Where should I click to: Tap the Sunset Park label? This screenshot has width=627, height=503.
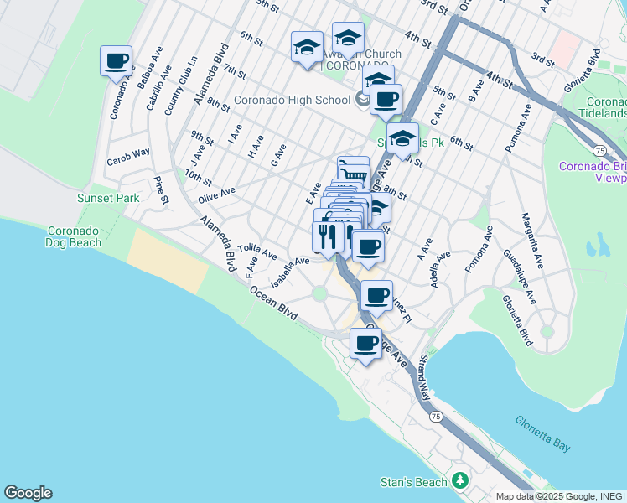[108, 198]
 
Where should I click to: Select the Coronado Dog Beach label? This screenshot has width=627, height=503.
[74, 236]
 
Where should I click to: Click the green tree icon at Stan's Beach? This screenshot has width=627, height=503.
[459, 480]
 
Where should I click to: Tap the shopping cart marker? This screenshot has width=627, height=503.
[353, 171]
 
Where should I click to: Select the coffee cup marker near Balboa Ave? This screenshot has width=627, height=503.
[117, 60]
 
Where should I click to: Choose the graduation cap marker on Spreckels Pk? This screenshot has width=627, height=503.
[403, 139]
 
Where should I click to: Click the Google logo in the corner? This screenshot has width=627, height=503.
[28, 493]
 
